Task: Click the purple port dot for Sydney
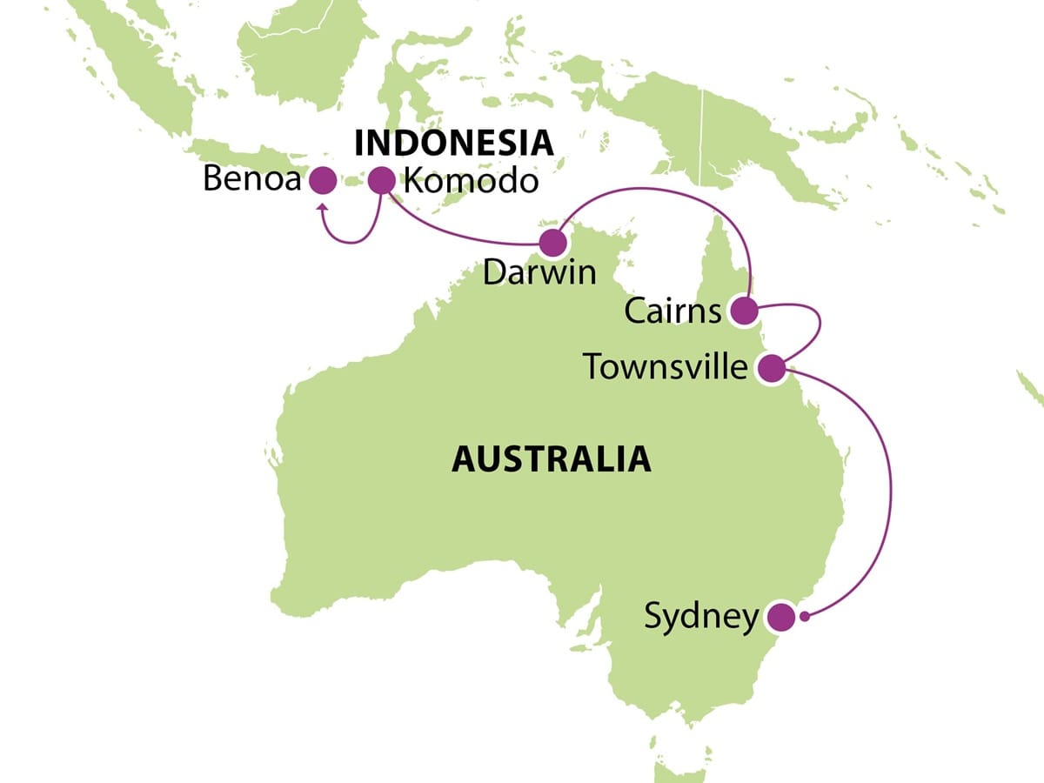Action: point(780,617)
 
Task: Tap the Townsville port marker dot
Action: point(771,368)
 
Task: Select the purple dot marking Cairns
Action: point(743,311)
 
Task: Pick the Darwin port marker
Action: point(552,243)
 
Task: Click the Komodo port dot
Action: point(380,180)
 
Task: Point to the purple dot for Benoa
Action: point(323,180)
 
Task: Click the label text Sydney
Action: point(701,617)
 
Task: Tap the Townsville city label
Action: point(666,367)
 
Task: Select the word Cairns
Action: point(673,311)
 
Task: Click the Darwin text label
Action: point(539,272)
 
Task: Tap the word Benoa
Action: point(251,181)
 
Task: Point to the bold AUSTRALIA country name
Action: point(551,458)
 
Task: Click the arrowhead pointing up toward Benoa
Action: point(322,208)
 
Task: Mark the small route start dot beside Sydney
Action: point(806,617)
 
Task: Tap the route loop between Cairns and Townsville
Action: point(818,326)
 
